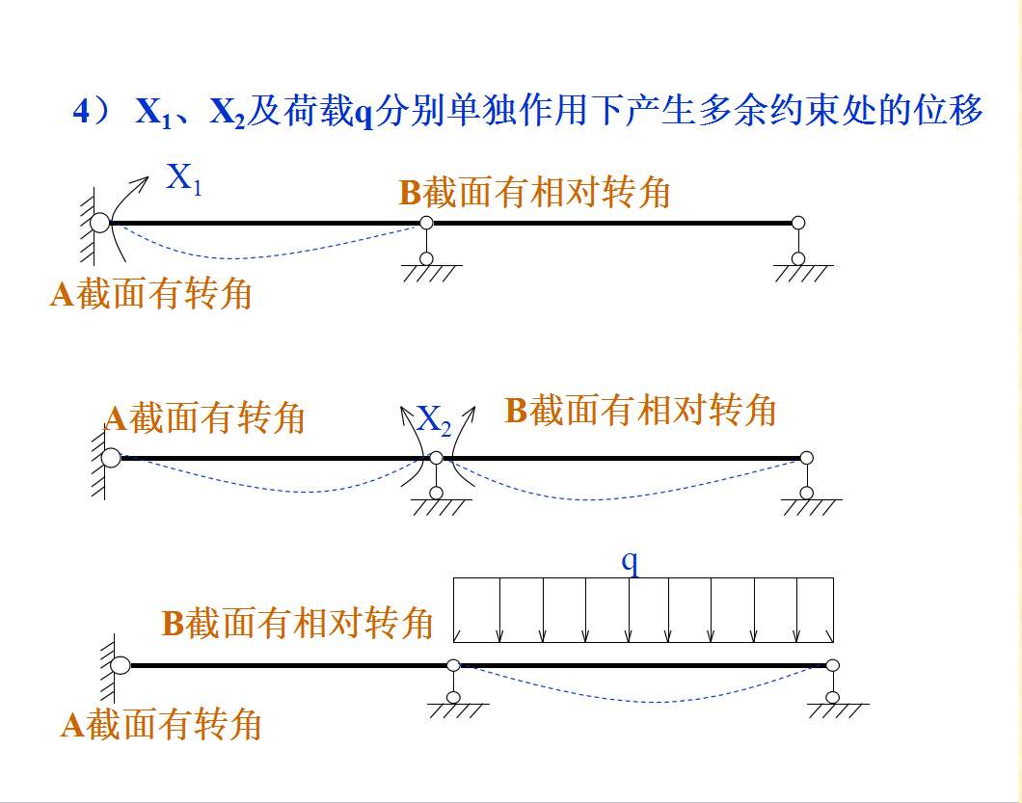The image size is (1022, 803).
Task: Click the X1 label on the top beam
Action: click(x=183, y=179)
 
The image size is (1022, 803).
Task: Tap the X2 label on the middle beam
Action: click(x=434, y=419)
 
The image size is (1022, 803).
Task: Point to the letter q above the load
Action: click(x=631, y=562)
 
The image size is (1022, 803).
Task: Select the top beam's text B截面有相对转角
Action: click(x=534, y=193)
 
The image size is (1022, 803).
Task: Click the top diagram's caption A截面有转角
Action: click(x=150, y=294)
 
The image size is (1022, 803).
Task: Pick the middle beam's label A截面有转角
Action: click(x=204, y=418)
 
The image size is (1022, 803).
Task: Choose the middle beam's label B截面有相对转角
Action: click(x=640, y=411)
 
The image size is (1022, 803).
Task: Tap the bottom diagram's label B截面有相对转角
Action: click(x=297, y=624)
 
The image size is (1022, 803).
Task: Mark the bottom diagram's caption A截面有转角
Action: click(x=161, y=724)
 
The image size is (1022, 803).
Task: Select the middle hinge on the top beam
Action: click(x=426, y=224)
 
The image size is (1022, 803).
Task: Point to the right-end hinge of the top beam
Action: click(x=798, y=223)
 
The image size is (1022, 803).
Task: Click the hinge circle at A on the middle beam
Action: click(x=111, y=457)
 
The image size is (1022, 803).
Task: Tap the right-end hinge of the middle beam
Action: click(x=807, y=457)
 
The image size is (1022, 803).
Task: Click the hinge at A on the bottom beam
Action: click(x=121, y=664)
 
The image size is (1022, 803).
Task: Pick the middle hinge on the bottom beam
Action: click(x=453, y=664)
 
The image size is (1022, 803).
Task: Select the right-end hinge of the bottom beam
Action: click(x=833, y=664)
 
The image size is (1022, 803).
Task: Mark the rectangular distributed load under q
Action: click(x=643, y=609)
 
